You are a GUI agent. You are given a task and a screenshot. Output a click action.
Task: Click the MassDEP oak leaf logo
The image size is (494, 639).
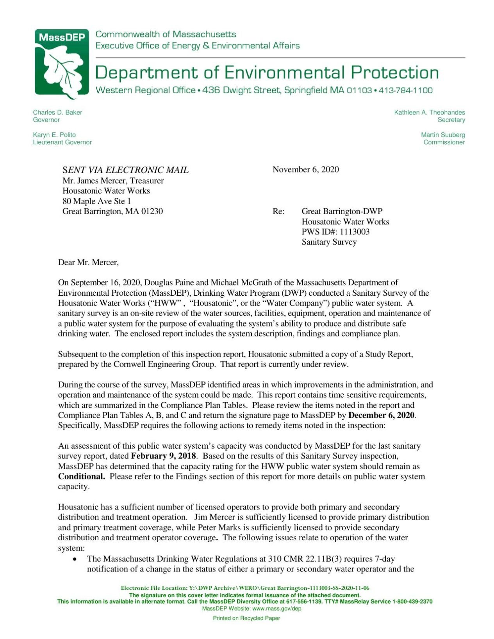[x=62, y=64]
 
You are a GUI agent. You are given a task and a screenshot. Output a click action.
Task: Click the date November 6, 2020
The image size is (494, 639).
[x=305, y=169]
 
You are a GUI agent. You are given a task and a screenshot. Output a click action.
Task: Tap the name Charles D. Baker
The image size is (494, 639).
[x=57, y=112]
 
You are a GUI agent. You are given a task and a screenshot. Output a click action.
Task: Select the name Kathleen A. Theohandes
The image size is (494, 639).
[x=429, y=112]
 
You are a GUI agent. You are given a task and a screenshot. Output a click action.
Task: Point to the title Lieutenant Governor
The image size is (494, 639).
[x=62, y=142]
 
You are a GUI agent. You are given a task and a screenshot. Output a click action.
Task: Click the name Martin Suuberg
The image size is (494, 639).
[x=442, y=135]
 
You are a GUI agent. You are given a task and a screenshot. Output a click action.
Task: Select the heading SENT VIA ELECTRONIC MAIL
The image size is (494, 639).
[x=125, y=170]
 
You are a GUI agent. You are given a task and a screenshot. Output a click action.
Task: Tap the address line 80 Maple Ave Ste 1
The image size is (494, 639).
[x=96, y=201]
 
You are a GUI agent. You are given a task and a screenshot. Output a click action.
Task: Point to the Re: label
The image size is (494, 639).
[x=278, y=211]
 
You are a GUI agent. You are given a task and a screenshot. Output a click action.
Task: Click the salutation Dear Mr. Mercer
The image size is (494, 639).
[x=88, y=263]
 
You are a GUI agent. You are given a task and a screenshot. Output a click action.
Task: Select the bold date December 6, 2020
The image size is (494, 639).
[x=381, y=415]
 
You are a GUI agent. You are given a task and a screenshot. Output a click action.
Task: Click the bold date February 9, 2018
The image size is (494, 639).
[x=163, y=456]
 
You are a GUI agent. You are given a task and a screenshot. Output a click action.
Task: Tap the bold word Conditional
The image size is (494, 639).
[x=81, y=476]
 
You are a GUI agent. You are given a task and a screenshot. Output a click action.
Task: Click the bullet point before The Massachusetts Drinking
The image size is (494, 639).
[x=74, y=559]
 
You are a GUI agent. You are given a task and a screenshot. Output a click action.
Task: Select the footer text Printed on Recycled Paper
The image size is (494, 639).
[x=246, y=618]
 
